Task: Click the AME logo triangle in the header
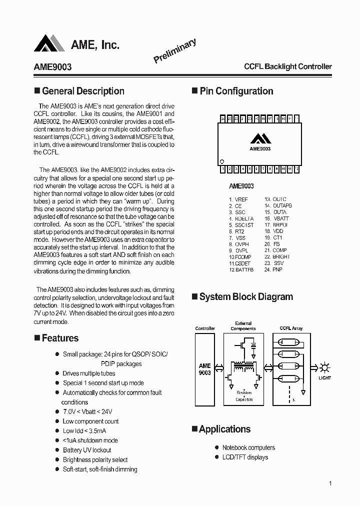point(49,43)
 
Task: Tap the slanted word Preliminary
point(174,51)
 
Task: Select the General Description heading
point(83,91)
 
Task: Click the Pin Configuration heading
point(236,91)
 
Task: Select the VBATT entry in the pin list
point(280,218)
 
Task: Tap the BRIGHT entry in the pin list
point(281,257)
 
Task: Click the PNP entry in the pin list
point(277,270)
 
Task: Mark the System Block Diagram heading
point(246,296)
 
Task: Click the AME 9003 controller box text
point(204,369)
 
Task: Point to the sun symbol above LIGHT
point(325,366)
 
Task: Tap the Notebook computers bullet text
point(248,447)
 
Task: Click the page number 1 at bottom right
point(330,483)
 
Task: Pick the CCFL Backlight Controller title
point(287,66)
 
